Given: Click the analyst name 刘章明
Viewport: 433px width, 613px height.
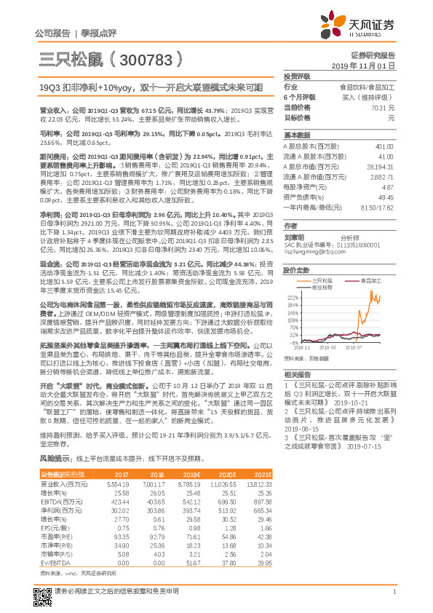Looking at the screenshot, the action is [x=293, y=237].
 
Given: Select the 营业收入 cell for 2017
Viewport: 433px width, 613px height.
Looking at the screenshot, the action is [x=117, y=483].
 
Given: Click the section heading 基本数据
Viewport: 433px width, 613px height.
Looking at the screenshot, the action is [x=296, y=135].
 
